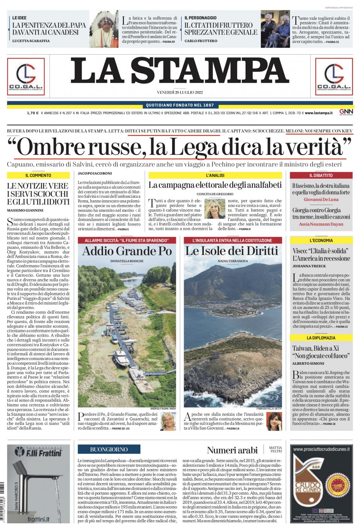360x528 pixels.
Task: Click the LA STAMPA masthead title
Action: pyautogui.click(x=180, y=71)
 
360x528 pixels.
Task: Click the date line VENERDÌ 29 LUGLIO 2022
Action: pyautogui.click(x=180, y=92)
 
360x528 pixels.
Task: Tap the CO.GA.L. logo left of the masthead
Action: pyautogui.click(x=26, y=76)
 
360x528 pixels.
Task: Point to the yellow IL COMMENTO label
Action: pyautogui.click(x=38, y=176)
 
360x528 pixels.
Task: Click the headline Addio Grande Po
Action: pyautogui.click(x=127, y=251)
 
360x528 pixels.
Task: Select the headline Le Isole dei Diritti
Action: pyautogui.click(x=231, y=251)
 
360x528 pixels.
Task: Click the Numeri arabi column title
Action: pyautogui.click(x=232, y=450)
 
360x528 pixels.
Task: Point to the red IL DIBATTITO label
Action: pyautogui.click(x=321, y=176)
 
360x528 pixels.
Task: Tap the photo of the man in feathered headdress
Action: pyautogui.click(x=104, y=29)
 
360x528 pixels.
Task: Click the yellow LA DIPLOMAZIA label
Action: pyautogui.click(x=321, y=338)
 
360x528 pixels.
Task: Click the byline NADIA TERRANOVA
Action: pyautogui.click(x=232, y=261)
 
